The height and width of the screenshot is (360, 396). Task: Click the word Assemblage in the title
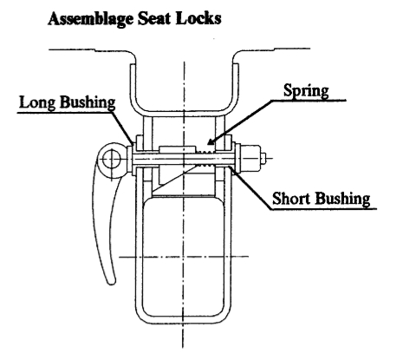(x=91, y=19)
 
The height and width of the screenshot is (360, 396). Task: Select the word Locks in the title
(x=198, y=18)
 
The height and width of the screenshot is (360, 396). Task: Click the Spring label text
(x=306, y=91)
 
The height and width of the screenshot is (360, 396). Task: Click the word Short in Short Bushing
(x=291, y=199)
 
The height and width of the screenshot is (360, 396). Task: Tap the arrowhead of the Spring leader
(x=211, y=141)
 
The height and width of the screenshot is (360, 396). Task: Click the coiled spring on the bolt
(x=204, y=159)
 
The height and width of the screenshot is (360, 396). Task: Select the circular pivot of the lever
(x=112, y=160)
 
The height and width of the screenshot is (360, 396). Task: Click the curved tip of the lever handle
(x=111, y=281)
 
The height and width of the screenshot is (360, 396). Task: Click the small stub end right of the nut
(x=263, y=158)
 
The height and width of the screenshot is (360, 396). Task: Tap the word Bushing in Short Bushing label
(x=342, y=200)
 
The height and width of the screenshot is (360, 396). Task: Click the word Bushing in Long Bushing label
(x=88, y=103)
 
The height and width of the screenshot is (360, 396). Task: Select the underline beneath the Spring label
(x=308, y=101)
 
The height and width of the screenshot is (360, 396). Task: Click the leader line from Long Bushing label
(x=122, y=128)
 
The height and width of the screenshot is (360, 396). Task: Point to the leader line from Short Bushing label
(x=250, y=187)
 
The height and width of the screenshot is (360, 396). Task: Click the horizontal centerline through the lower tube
(x=184, y=257)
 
